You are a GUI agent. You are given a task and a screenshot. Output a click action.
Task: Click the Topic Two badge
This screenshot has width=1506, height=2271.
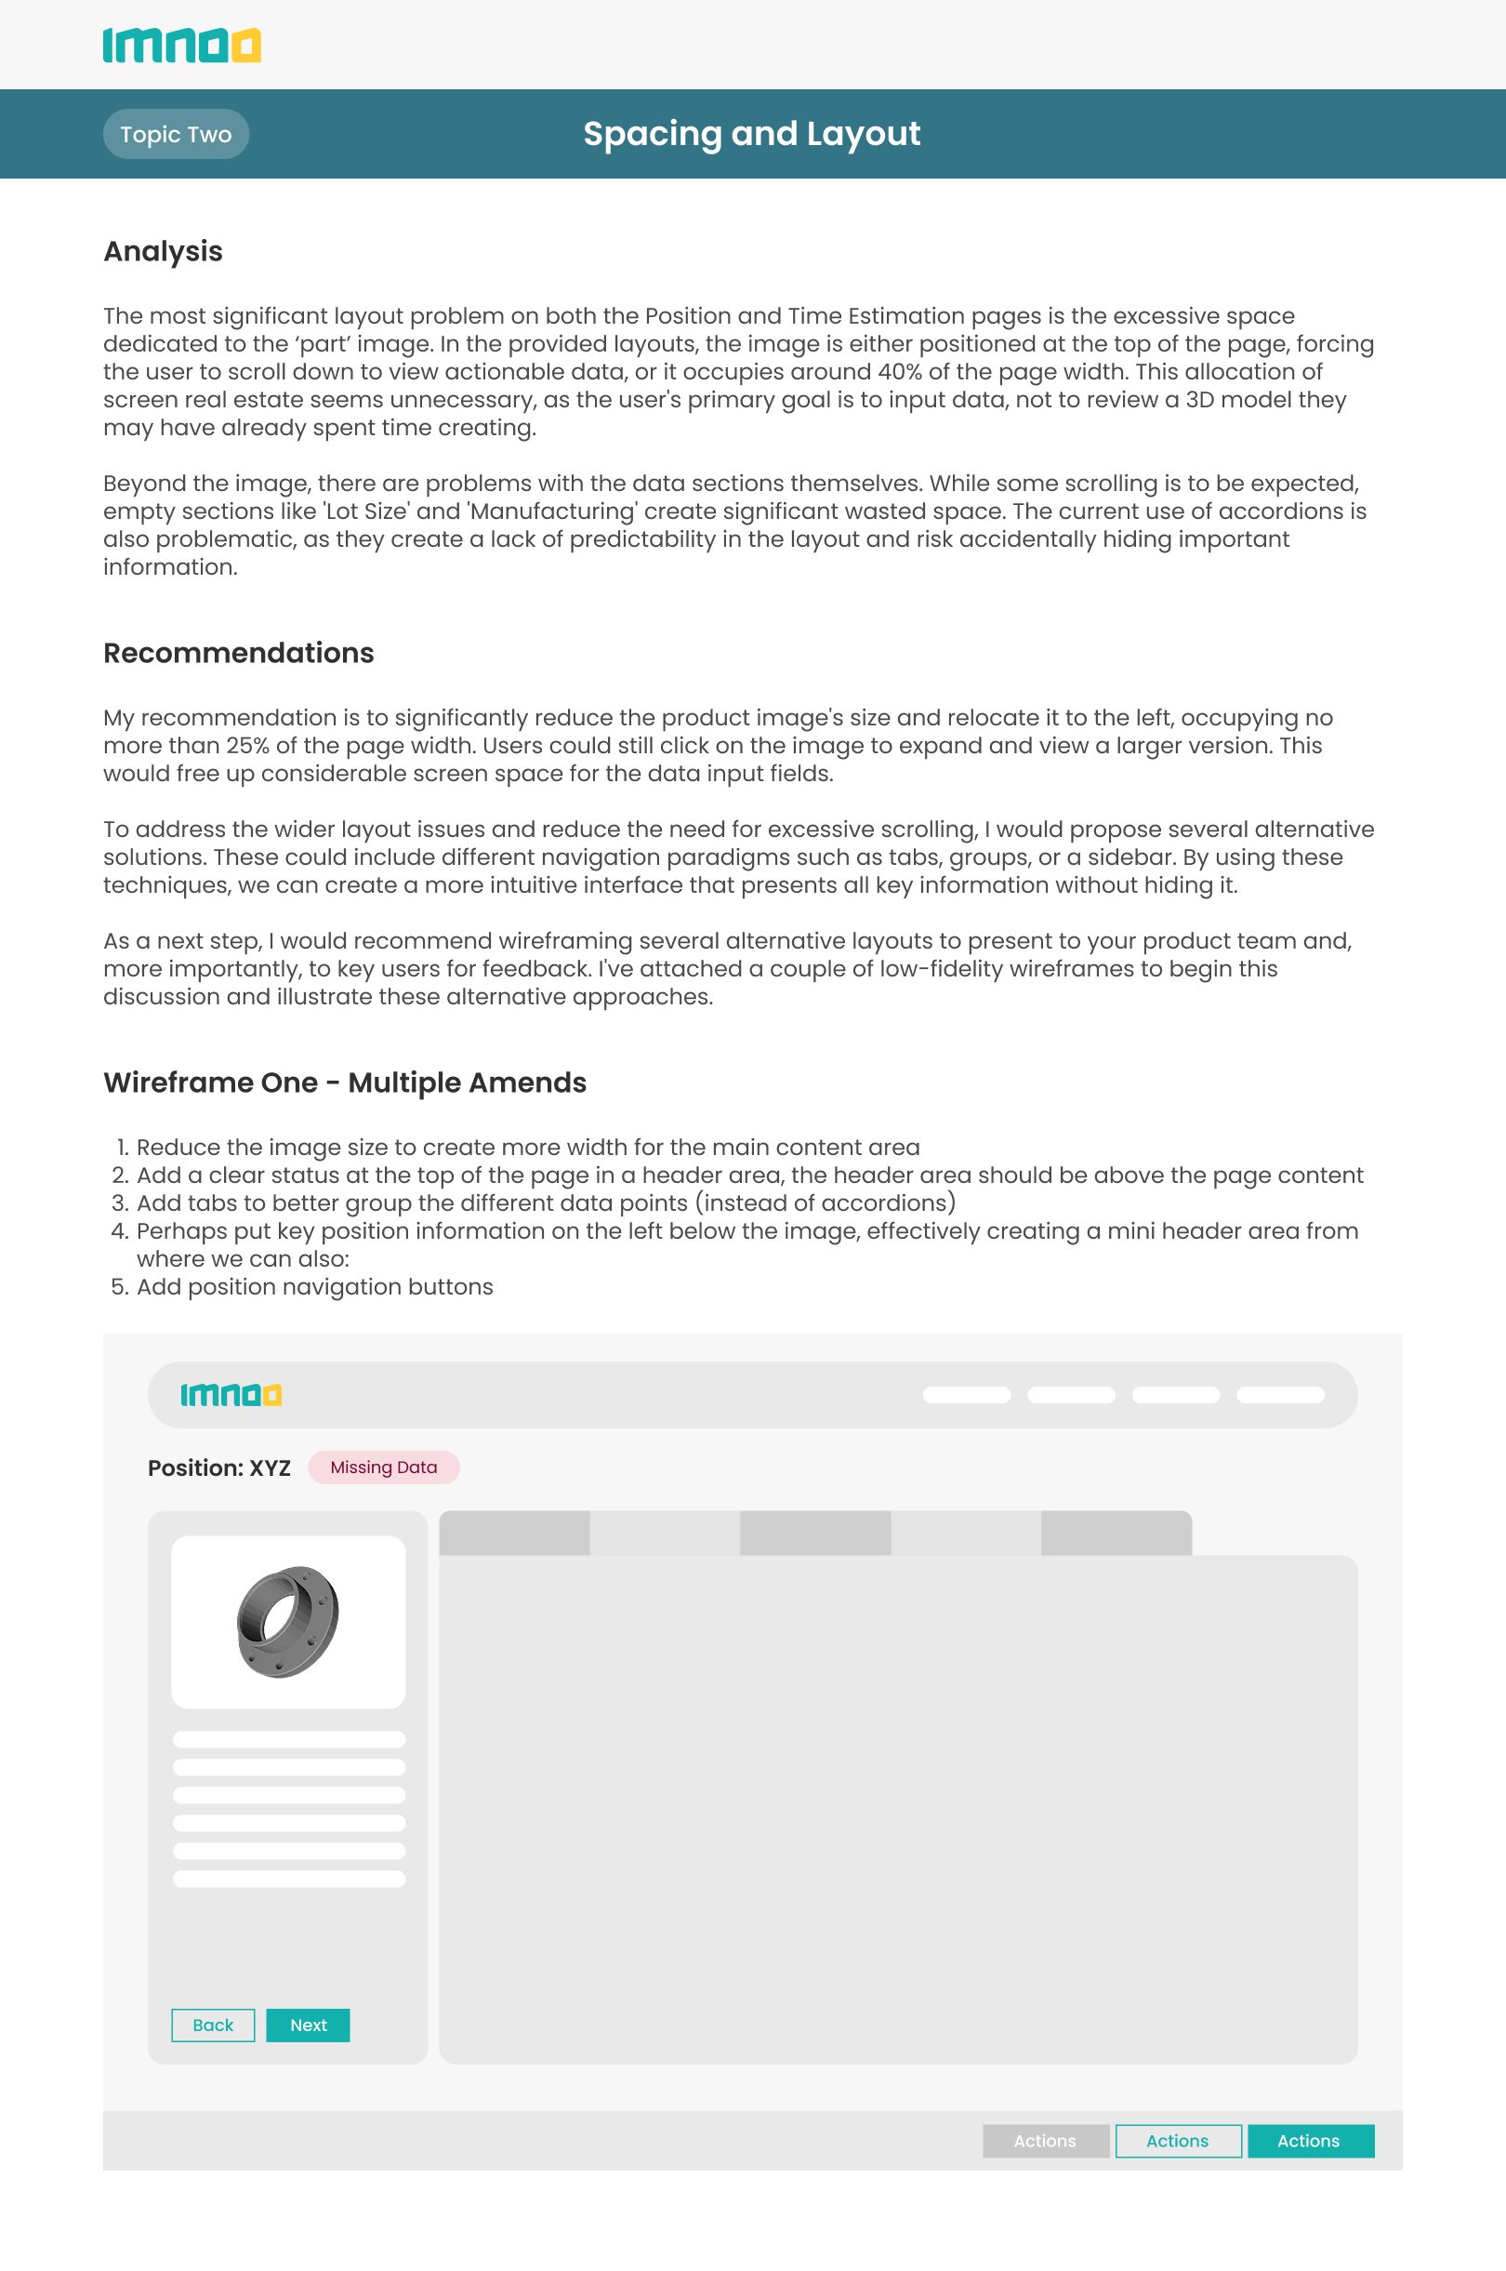pyautogui.click(x=176, y=135)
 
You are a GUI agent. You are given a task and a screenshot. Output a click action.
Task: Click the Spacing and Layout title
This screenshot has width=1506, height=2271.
pyautogui.click(x=751, y=135)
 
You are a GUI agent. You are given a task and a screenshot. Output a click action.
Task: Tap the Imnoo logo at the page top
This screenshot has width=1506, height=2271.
pyautogui.click(x=181, y=46)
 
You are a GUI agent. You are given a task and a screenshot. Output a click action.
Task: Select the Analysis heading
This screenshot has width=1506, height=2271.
pyautogui.click(x=164, y=252)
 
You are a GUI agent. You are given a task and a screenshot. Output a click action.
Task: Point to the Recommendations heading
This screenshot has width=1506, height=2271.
pyautogui.click(x=238, y=653)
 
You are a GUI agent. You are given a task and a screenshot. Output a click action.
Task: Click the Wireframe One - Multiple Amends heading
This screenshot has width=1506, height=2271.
pyautogui.click(x=345, y=1082)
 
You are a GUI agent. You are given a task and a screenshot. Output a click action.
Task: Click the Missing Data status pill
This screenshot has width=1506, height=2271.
pyautogui.click(x=383, y=1467)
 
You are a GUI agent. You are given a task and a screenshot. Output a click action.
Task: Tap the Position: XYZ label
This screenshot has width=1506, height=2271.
pyautogui.click(x=219, y=1468)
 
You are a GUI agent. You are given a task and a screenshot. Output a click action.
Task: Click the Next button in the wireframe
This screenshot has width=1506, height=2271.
pyautogui.click(x=308, y=2025)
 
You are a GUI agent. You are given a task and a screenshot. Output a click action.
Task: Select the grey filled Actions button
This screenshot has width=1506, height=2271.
pyautogui.click(x=1045, y=2141)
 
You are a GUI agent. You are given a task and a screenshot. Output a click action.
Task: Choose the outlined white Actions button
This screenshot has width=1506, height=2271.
pyautogui.click(x=1178, y=2141)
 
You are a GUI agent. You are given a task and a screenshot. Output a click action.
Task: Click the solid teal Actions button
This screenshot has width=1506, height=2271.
pyautogui.click(x=1310, y=2141)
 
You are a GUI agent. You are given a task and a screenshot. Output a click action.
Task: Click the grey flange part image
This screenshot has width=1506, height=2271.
pyautogui.click(x=287, y=1622)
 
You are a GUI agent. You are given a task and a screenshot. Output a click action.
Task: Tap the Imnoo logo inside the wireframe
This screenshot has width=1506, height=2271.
pyautogui.click(x=231, y=1394)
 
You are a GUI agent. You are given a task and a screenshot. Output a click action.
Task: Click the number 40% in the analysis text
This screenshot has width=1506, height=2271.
pyautogui.click(x=899, y=372)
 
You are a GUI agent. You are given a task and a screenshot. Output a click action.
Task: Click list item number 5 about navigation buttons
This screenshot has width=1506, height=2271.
pyautogui.click(x=314, y=1287)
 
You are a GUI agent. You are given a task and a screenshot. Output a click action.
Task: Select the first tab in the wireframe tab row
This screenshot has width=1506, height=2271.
pyautogui.click(x=514, y=1534)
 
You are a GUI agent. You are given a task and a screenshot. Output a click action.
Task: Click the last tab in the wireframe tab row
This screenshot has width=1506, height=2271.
pyautogui.click(x=1116, y=1534)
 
